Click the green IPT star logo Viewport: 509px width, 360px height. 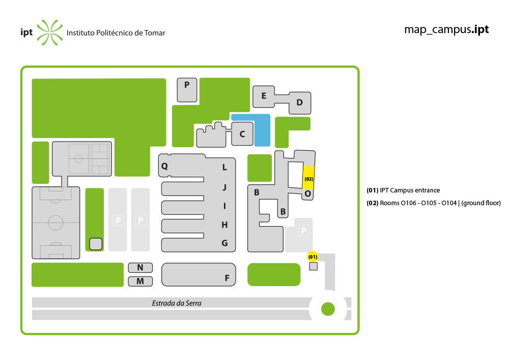point(50,33)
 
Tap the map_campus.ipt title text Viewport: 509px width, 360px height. point(446,30)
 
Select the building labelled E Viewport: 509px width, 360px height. point(264,96)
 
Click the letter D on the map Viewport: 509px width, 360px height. point(299,102)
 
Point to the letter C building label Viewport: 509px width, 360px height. point(242,134)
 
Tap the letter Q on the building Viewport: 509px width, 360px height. point(164,166)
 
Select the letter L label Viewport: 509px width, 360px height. point(224,168)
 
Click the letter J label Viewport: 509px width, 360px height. point(224,187)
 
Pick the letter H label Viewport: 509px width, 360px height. point(224,225)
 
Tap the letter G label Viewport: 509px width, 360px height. point(224,243)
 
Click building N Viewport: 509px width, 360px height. point(140,267)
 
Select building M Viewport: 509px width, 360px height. point(140,281)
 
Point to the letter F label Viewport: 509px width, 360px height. point(227,278)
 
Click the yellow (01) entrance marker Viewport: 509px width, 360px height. point(313,257)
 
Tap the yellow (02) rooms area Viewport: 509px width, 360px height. point(308,178)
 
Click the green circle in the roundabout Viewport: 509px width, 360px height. point(328,309)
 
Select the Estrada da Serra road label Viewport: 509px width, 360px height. point(177,303)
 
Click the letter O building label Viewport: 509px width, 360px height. point(308,194)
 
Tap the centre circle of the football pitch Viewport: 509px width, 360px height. point(55,223)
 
